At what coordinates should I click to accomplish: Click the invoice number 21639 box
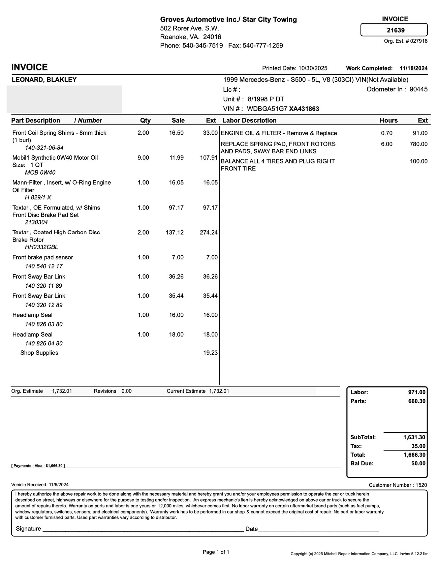click(x=394, y=30)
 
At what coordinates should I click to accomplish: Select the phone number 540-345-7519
click(x=202, y=45)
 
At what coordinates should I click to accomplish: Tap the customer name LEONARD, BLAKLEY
click(x=44, y=80)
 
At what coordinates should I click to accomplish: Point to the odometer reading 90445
click(x=418, y=89)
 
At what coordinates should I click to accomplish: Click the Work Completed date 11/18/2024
click(x=414, y=68)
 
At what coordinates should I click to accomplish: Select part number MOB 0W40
click(x=40, y=172)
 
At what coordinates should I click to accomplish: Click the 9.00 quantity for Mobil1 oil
click(x=143, y=158)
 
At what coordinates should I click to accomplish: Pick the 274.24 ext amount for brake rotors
click(x=209, y=232)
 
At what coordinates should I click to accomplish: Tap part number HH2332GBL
click(x=41, y=247)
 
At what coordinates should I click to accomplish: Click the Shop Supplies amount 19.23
click(x=210, y=353)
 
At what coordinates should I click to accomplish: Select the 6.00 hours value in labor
click(x=386, y=144)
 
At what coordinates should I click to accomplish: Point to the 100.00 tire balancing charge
click(x=418, y=161)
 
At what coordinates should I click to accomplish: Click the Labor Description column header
click(x=249, y=121)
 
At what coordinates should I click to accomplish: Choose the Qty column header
click(x=146, y=121)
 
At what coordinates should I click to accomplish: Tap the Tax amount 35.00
click(x=418, y=446)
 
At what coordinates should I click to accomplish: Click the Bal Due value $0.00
click(x=418, y=464)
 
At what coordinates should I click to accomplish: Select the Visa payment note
click(x=38, y=466)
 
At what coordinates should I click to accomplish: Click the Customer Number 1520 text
click(x=398, y=485)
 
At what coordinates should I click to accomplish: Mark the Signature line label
click(x=28, y=529)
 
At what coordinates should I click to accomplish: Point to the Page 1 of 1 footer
click(x=216, y=552)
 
